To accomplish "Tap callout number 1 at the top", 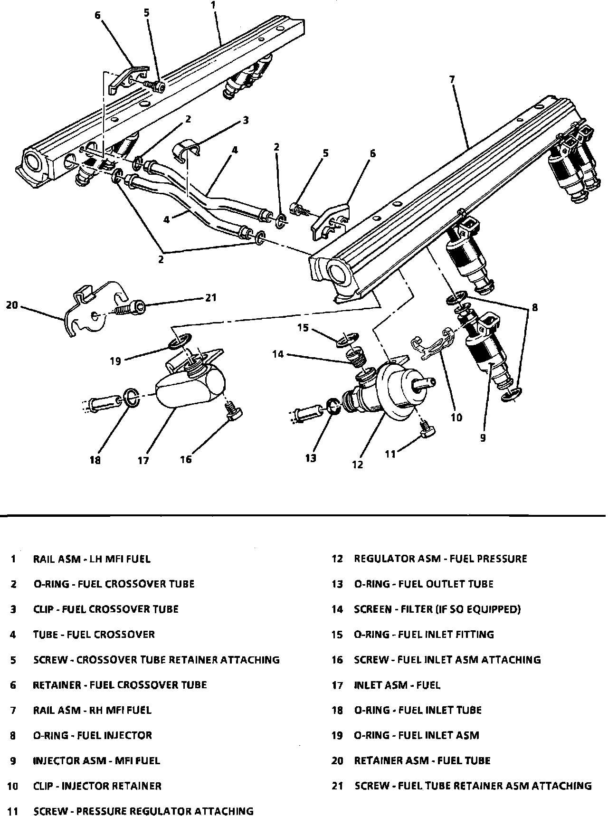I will point(213,5).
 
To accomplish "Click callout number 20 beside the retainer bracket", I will point(12,305).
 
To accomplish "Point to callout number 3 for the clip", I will point(246,120).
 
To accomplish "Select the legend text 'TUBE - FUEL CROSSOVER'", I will point(94,635).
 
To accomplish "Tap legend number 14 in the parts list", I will point(337,609).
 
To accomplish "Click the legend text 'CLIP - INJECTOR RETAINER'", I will point(97,786).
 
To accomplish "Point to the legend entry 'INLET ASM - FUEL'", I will point(397,685).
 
